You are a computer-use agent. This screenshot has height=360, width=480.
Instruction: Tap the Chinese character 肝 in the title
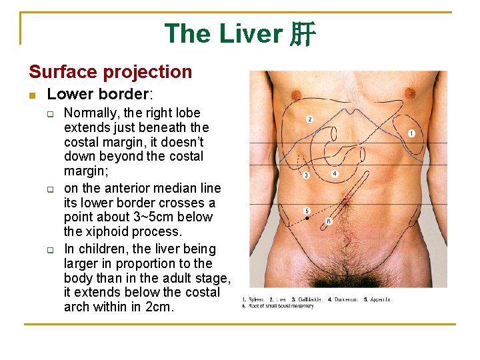[302, 34]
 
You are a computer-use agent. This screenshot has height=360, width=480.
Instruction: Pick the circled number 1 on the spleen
[411, 133]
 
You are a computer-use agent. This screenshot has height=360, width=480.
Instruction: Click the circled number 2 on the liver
[310, 119]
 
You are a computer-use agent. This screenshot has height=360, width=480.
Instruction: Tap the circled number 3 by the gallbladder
[306, 175]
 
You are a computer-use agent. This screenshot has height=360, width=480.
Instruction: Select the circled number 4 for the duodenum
[335, 174]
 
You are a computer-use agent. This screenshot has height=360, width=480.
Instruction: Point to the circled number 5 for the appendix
[307, 211]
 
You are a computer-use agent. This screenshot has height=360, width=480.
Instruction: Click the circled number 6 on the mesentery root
[329, 221]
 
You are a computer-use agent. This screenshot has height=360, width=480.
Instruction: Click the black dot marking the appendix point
[307, 218]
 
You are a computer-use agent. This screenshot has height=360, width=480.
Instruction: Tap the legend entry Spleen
[256, 299]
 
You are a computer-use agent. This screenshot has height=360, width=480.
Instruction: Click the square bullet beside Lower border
[31, 95]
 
